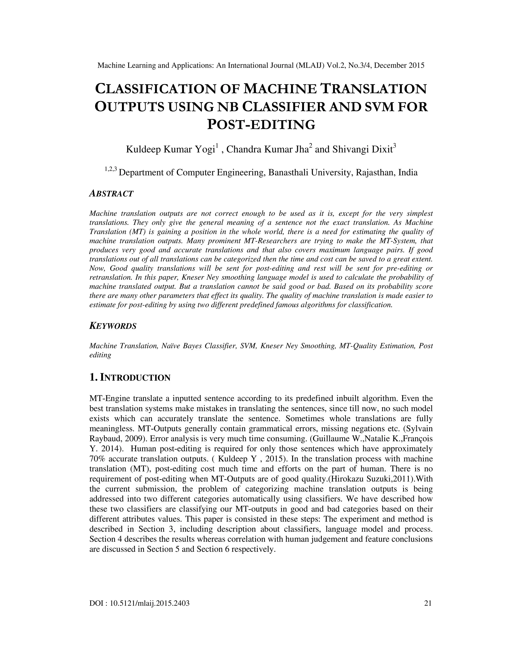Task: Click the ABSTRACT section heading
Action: click(x=111, y=194)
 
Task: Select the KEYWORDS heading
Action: click(x=113, y=326)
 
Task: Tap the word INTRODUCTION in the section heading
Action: click(x=135, y=378)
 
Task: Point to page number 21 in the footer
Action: click(x=428, y=603)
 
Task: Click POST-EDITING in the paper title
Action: click(x=261, y=125)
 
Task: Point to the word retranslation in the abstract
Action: click(x=110, y=277)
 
